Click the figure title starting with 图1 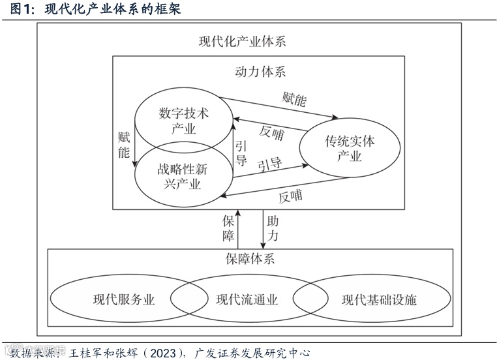tap(92, 10)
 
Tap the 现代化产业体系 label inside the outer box tap(242, 41)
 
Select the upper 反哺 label tap(271, 132)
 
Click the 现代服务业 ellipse tap(124, 300)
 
